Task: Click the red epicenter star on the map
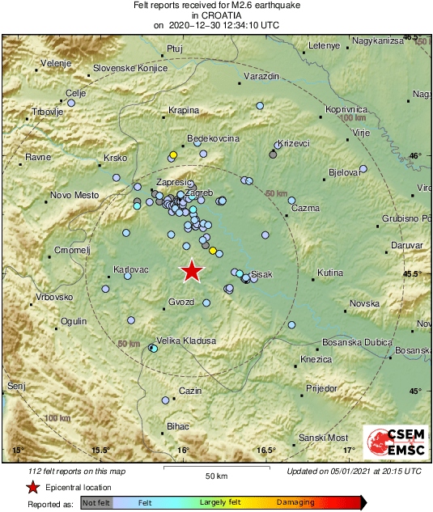click(x=191, y=271)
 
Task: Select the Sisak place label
click(x=262, y=274)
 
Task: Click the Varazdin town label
click(x=261, y=75)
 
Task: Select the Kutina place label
click(x=330, y=273)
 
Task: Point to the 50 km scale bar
click(x=214, y=468)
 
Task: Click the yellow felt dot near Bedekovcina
click(x=173, y=154)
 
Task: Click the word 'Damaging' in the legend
click(x=295, y=502)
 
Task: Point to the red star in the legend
click(x=32, y=487)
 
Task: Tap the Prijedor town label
click(x=321, y=389)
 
